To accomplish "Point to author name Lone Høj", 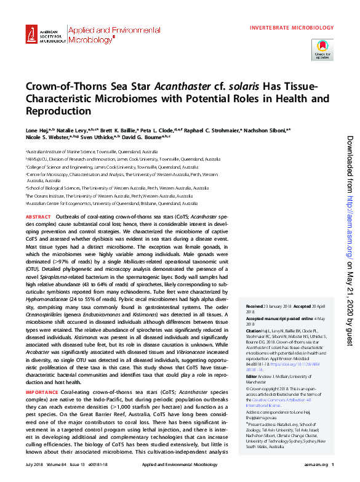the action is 36,132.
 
